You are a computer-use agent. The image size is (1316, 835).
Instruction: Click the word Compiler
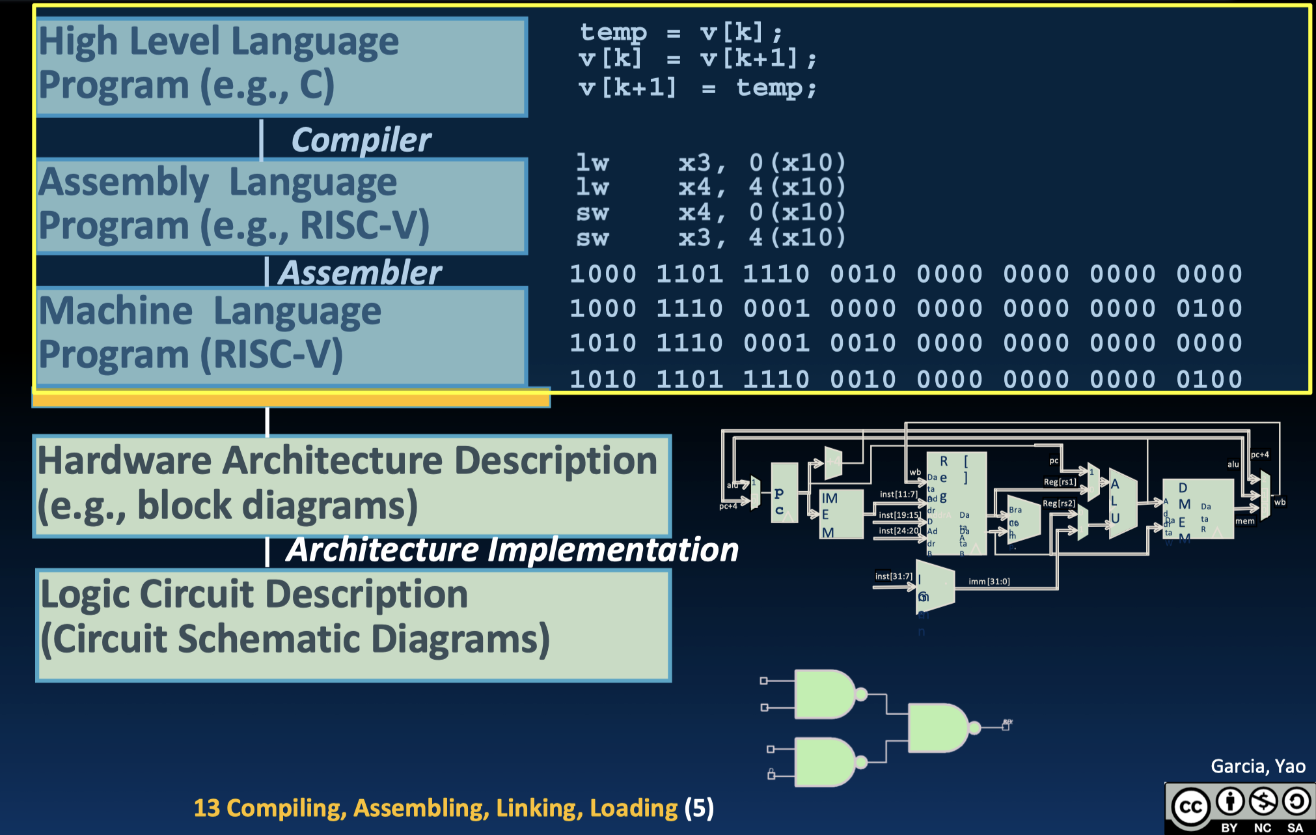pos(361,140)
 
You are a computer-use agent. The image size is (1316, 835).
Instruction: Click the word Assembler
pos(360,272)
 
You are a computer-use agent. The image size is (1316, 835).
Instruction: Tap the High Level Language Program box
pos(281,67)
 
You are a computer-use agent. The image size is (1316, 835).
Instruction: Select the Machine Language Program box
pos(281,335)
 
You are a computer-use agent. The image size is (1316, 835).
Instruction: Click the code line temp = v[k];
pos(680,32)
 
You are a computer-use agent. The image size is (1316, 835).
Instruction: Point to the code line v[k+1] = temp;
pos(696,87)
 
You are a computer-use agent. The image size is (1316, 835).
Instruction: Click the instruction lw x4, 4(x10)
pos(709,188)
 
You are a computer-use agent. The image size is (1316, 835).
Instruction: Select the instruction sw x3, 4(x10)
pos(709,238)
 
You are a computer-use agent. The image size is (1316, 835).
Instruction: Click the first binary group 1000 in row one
pos(603,274)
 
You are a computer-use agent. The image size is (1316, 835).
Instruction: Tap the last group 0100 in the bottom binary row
pos(1209,379)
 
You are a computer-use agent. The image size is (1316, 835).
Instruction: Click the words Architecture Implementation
pos(512,550)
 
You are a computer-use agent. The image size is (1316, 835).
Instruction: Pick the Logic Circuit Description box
pos(353,625)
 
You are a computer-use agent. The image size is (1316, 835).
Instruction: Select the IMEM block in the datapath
pos(840,515)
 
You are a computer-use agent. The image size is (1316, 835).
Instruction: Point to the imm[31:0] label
pos(989,582)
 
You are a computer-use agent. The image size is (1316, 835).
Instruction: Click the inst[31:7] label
pos(894,576)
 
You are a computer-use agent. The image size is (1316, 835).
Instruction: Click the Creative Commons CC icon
pos(1190,807)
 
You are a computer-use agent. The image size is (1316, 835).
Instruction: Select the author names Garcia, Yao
pos(1257,767)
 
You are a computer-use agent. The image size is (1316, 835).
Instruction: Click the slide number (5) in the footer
pos(699,808)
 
